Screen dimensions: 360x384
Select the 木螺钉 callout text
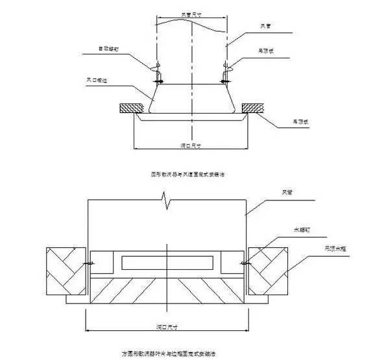tap(302, 229)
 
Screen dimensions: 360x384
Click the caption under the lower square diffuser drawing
tap(168, 354)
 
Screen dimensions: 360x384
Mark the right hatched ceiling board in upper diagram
tap(253, 108)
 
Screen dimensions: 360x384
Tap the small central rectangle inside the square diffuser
tap(167, 262)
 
